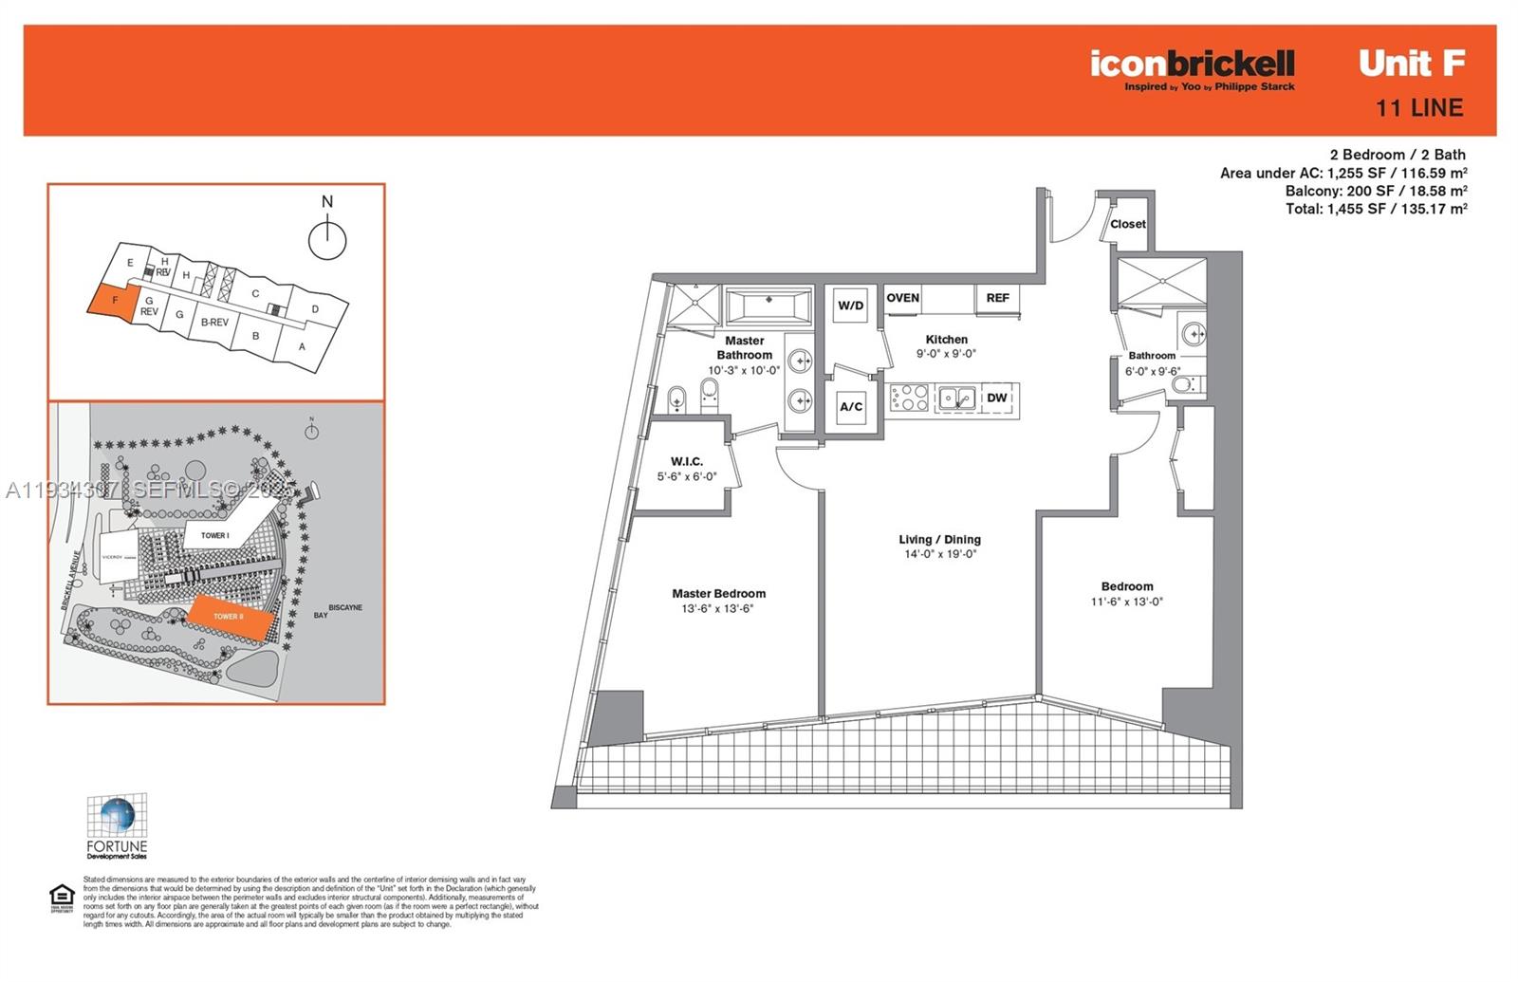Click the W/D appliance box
[x=850, y=306]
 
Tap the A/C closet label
[x=851, y=407]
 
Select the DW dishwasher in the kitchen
[x=996, y=398]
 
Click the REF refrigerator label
[x=997, y=298]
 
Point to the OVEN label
[x=902, y=298]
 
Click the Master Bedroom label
[x=718, y=594]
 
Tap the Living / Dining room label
[x=939, y=540]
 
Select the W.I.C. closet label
[x=687, y=462]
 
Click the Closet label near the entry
[x=1128, y=225]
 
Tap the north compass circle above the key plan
[x=327, y=239]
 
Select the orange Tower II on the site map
[x=230, y=616]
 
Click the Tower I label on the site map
[x=214, y=535]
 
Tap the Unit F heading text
[x=1412, y=64]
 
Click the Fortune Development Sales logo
[x=117, y=826]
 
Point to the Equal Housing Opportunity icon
[x=62, y=898]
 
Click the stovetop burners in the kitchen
[x=909, y=398]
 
